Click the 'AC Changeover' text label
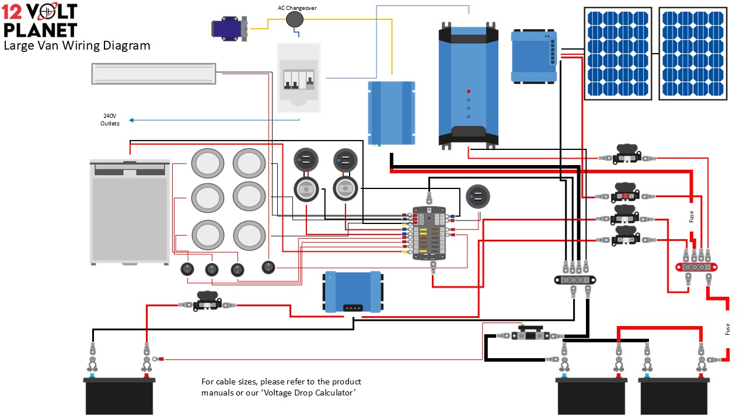click(x=296, y=8)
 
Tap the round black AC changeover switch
click(x=295, y=20)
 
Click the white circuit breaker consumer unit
click(x=298, y=77)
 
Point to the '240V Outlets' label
click(x=110, y=120)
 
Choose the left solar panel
click(x=618, y=53)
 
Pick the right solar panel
click(x=693, y=53)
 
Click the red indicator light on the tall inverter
click(x=469, y=92)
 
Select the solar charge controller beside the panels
click(x=533, y=56)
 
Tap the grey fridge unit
click(x=130, y=211)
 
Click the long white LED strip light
click(x=153, y=73)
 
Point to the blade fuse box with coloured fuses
click(x=429, y=233)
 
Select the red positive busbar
click(x=696, y=267)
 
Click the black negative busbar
click(x=575, y=279)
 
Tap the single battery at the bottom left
click(x=120, y=395)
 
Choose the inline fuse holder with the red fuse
click(x=624, y=196)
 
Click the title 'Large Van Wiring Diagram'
click(x=76, y=45)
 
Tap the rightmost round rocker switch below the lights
click(x=268, y=267)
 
